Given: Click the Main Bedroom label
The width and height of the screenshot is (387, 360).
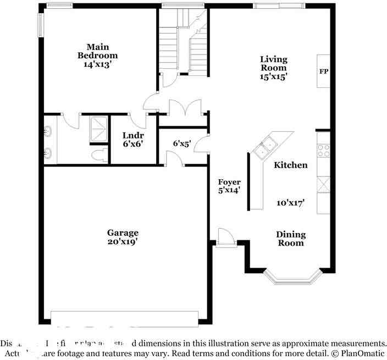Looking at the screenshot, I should coord(97,51).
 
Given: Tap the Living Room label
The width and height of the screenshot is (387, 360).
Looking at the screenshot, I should coord(274,63).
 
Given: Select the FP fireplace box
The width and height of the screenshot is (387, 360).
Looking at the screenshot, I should coord(324,71).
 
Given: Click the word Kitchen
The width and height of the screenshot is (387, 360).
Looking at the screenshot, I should coord(291,165).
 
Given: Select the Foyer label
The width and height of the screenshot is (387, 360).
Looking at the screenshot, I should coord(229,182).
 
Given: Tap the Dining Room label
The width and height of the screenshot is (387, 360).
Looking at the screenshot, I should coord(291,239).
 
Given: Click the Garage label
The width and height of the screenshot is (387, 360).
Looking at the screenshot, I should coord(123,232).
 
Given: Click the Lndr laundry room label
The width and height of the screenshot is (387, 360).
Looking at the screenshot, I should coord(132,135).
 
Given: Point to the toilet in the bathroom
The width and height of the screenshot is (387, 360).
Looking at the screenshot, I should coord(99,154).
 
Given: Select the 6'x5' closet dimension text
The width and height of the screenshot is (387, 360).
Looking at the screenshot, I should coord(182,143).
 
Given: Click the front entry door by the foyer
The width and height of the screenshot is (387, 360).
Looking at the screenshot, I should coord(225,239).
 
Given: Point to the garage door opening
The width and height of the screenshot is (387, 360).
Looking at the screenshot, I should coord(124,318).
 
